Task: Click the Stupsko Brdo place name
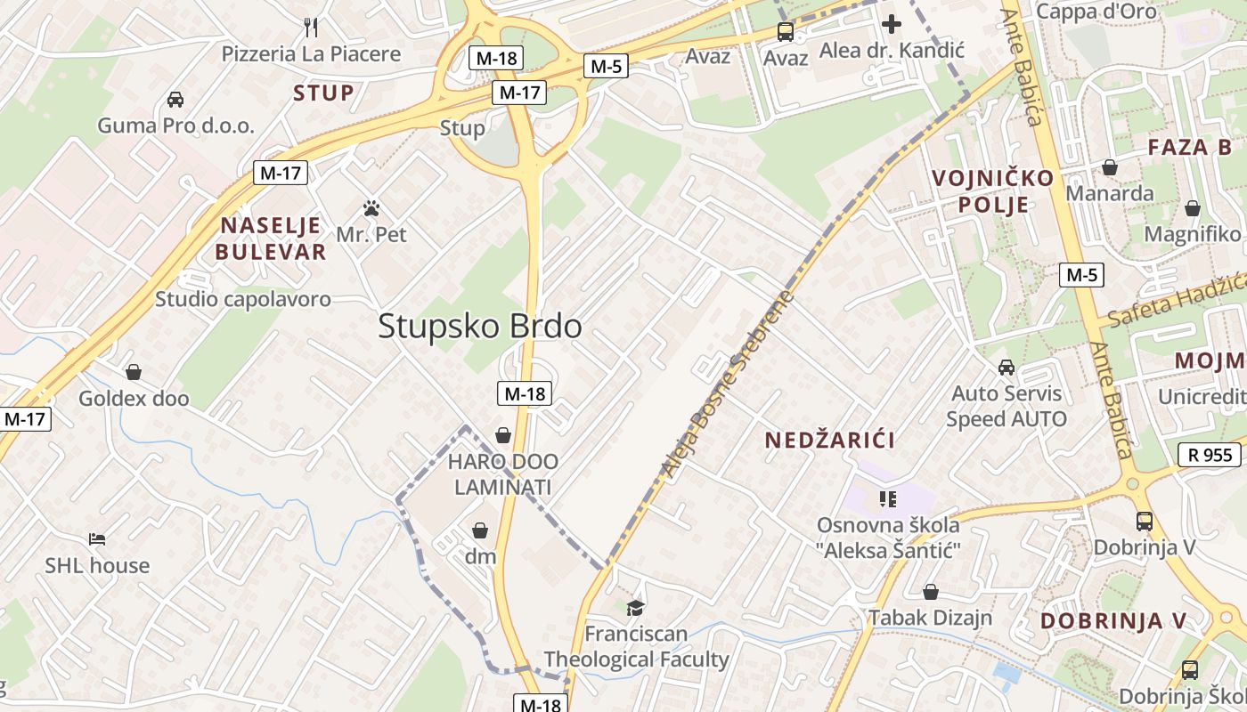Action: pos(480,327)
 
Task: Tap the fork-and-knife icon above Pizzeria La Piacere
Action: pos(311,27)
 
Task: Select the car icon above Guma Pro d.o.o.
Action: pos(175,99)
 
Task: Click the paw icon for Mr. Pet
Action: pos(371,209)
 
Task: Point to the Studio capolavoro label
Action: pos(243,299)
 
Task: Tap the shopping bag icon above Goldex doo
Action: pos(134,372)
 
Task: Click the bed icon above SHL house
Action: pos(97,539)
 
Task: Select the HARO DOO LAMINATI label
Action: pos(503,474)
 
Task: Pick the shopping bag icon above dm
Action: pos(480,530)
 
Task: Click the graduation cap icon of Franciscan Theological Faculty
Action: pos(635,608)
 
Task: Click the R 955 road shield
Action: pos(1209,455)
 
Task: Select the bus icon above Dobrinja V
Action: pos(1145,521)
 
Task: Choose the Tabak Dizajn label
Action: pos(931,617)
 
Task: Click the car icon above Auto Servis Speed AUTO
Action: pos(1007,367)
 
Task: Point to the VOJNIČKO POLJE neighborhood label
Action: pos(992,191)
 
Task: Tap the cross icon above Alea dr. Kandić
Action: pos(891,24)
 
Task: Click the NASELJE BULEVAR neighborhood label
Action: pos(271,238)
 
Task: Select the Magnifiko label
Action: pos(1193,234)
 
